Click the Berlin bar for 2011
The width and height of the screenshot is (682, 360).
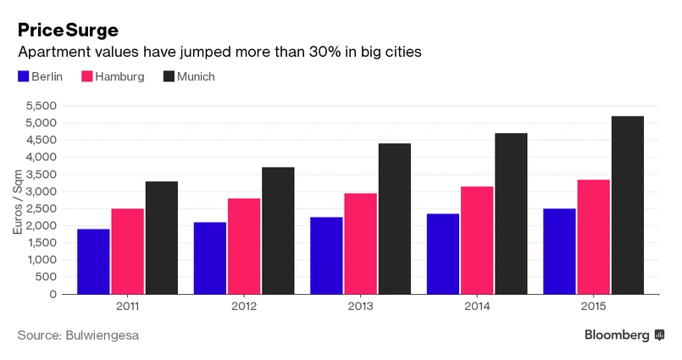(94, 261)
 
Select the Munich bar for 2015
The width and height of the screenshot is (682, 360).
(628, 205)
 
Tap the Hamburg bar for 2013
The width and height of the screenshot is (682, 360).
(361, 243)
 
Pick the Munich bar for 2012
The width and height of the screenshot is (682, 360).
(278, 230)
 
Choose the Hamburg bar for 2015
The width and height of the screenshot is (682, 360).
(594, 236)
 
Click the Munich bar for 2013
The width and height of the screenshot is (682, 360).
(395, 219)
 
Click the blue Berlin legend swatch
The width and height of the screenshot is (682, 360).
(24, 77)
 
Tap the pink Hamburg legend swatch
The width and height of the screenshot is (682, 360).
(86, 77)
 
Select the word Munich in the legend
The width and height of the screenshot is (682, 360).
(196, 77)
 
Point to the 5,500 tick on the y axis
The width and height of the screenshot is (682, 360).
(41, 106)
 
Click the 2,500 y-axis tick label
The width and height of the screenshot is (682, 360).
(41, 208)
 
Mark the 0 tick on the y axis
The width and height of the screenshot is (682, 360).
(53, 294)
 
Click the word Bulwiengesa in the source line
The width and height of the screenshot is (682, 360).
(102, 335)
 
